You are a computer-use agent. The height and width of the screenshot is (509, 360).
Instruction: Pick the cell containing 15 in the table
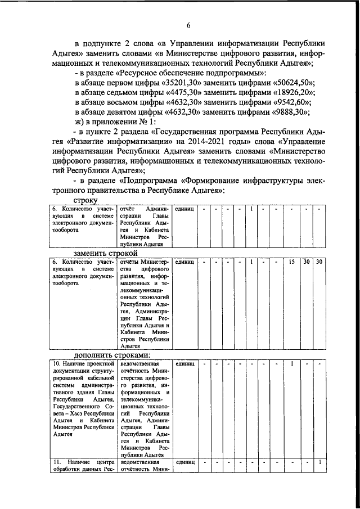coord(291,262)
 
